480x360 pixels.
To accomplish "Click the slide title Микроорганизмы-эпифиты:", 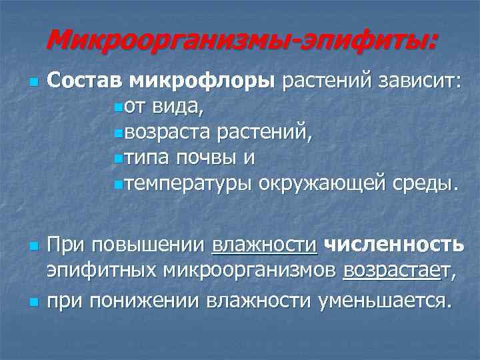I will [243, 41].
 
